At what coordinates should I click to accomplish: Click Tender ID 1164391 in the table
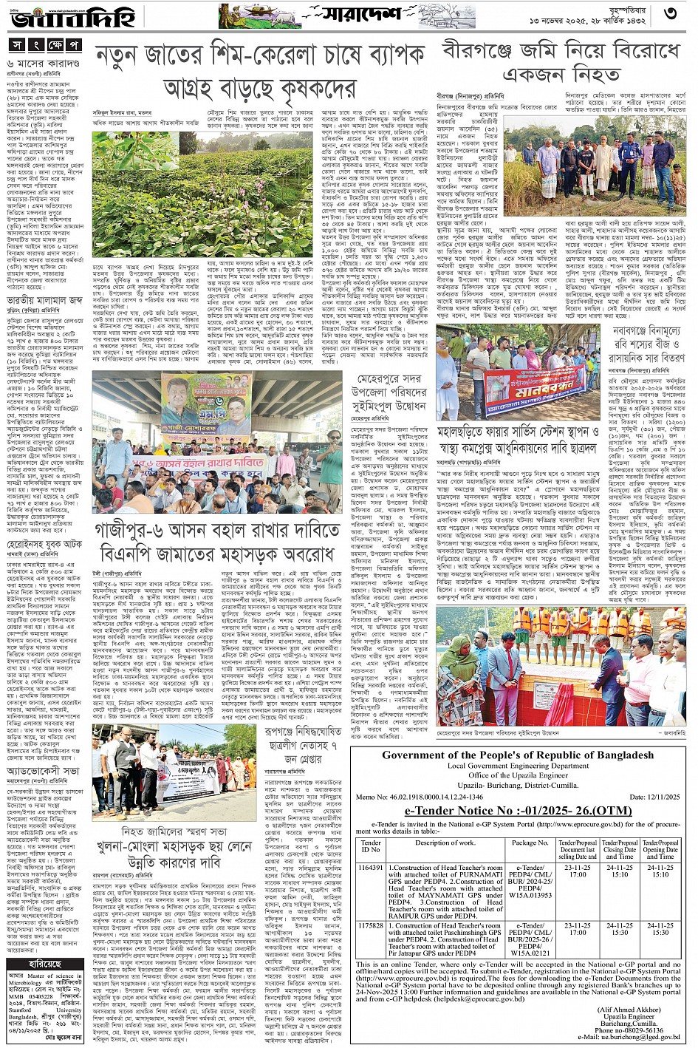pyautogui.click(x=370, y=868)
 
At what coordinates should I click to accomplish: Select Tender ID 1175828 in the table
pyautogui.click(x=370, y=925)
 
